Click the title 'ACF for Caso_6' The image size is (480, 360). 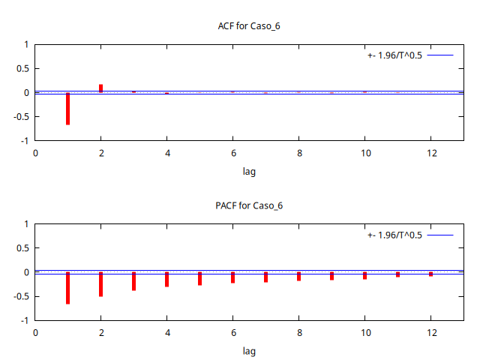[248, 26]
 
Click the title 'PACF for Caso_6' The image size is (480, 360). [248, 205]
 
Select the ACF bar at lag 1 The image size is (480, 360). [67, 108]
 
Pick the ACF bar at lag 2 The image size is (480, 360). [100, 88]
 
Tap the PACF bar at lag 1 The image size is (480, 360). [67, 288]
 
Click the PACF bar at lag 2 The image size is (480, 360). [100, 284]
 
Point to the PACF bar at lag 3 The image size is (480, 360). [133, 281]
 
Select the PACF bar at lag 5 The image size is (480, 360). [199, 278]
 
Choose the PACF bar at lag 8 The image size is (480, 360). [298, 276]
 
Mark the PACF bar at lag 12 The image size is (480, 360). [430, 274]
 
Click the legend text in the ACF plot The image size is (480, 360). [394, 55]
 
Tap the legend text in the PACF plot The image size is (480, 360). [394, 235]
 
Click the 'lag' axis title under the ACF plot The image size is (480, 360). [248, 172]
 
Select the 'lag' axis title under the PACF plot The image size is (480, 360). [248, 351]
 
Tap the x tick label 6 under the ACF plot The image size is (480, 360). [232, 153]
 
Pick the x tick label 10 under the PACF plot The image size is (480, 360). [364, 332]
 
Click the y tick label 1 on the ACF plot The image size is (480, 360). [26, 44]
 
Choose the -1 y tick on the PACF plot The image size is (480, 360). [25, 320]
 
